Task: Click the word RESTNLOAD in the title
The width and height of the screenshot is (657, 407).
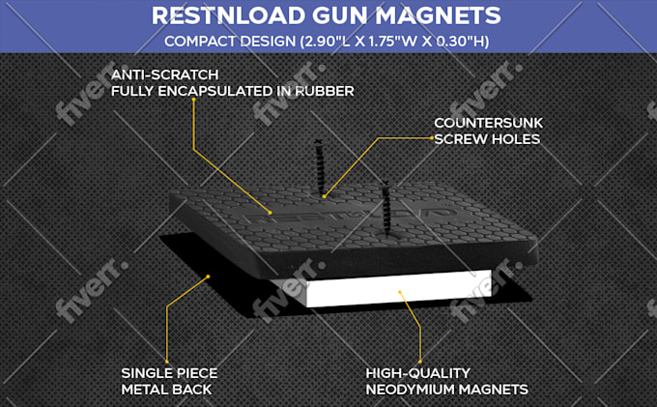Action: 229,15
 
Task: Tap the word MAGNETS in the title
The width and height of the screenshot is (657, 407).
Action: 438,15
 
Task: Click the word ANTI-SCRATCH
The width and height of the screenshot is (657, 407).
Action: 164,74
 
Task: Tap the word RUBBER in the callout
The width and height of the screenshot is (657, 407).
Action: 325,91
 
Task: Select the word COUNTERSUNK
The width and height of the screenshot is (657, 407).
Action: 488,123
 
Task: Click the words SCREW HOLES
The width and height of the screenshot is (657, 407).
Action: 487,139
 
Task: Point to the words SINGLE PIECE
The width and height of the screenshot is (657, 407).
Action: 169,373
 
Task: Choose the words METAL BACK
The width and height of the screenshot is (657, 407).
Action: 166,390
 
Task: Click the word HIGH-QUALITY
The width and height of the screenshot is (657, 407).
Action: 417,373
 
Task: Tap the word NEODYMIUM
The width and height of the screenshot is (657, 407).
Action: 408,390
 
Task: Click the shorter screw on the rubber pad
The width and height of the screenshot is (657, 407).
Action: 386,208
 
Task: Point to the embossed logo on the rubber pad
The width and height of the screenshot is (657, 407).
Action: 349,214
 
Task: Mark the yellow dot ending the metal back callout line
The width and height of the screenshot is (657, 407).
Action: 209,276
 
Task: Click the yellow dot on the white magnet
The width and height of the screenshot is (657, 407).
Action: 400,292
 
